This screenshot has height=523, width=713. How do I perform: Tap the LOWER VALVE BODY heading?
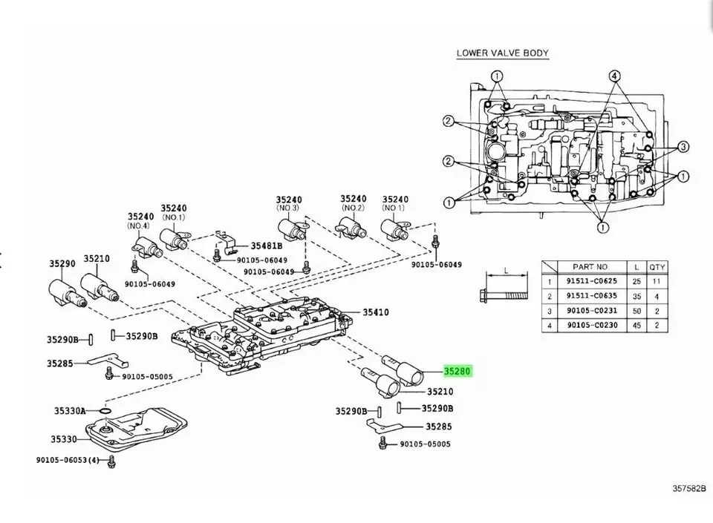[502, 53]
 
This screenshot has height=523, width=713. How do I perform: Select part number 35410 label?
[376, 312]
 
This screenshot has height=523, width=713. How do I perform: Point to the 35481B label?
[267, 246]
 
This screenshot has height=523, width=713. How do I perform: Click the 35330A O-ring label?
[69, 410]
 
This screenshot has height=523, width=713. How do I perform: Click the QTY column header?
[657, 266]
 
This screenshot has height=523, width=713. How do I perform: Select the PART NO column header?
[590, 266]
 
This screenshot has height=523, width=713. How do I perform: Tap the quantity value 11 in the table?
[657, 281]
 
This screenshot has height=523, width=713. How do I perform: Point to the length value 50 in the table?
[637, 310]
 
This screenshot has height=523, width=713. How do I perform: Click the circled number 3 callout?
[683, 146]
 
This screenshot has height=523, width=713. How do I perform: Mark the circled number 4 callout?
[614, 76]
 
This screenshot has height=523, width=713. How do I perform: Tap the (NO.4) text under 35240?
[138, 226]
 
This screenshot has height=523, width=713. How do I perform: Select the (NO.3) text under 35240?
[288, 209]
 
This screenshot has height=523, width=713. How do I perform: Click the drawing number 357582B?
[688, 489]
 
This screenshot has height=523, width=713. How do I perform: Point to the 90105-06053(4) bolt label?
[67, 460]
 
